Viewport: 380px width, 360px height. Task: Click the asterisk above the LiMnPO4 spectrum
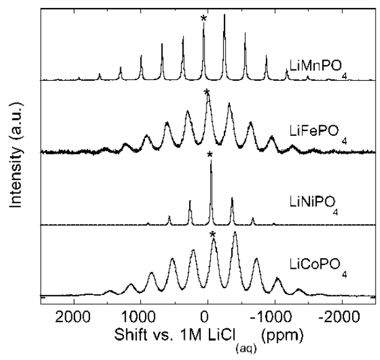203,19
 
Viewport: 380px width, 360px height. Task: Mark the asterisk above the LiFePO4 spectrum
207,93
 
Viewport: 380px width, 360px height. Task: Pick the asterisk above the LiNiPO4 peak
210,155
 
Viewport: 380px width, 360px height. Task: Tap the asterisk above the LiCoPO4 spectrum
213,235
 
